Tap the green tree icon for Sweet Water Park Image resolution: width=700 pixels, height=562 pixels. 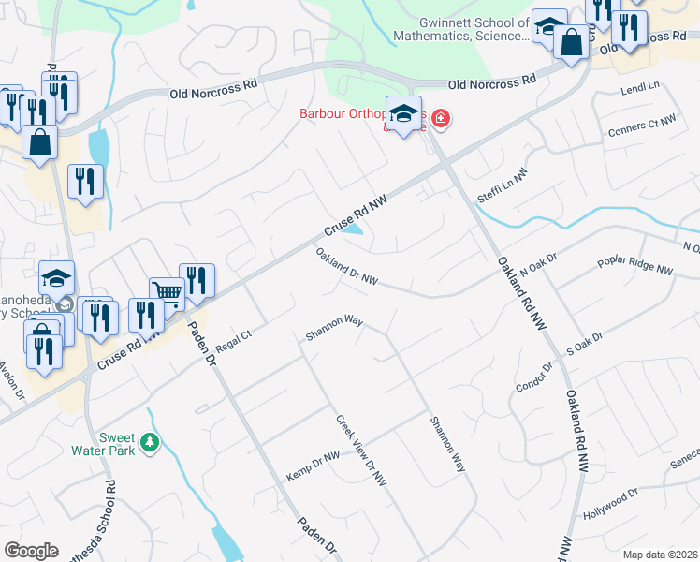149,441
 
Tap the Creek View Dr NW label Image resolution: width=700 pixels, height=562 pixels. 360,451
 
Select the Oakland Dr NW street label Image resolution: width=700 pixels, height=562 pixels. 346,268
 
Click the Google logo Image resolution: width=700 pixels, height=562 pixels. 31,551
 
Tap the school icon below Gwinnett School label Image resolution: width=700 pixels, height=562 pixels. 403,114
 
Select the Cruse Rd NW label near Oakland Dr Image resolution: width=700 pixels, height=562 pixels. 356,215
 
